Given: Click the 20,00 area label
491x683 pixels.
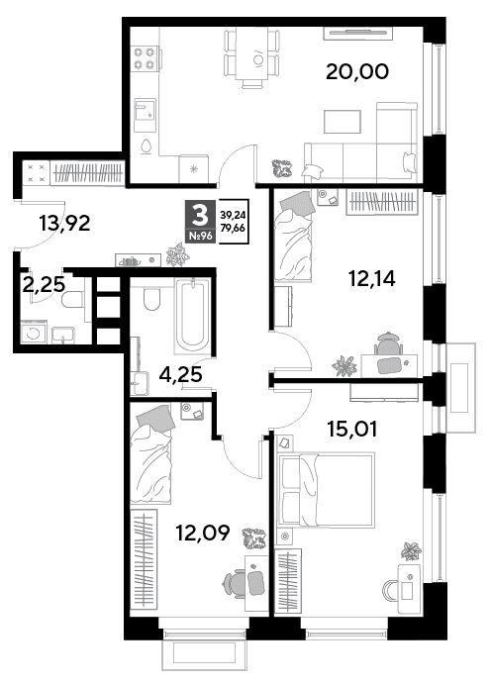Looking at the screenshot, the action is click(x=356, y=71).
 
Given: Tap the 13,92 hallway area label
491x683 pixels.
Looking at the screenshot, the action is click(x=64, y=224).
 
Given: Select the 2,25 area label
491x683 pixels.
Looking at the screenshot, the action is click(x=44, y=285).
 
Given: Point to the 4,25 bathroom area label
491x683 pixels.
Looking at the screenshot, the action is click(x=180, y=374).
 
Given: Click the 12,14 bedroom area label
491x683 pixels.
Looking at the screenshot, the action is click(x=372, y=278).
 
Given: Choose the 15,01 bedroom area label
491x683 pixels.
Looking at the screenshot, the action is click(x=352, y=429).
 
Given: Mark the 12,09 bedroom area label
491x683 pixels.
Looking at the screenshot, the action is click(x=202, y=533).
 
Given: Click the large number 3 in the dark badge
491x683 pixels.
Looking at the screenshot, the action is click(x=200, y=215).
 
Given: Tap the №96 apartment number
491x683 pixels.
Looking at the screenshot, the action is click(x=200, y=236).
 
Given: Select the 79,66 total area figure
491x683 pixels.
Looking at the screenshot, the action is click(x=233, y=228).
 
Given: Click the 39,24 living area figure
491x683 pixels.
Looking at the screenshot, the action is click(x=233, y=215).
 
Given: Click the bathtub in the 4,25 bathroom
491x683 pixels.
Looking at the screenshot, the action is click(x=192, y=316).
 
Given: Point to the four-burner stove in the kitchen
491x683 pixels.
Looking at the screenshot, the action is click(x=145, y=58).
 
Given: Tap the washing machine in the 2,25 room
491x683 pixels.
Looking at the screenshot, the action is click(x=33, y=332).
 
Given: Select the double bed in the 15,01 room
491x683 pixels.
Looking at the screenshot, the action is click(x=327, y=489).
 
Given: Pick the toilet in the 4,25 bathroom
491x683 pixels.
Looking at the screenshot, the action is click(x=152, y=298).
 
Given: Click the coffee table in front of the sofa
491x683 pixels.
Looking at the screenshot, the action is click(x=343, y=122).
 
